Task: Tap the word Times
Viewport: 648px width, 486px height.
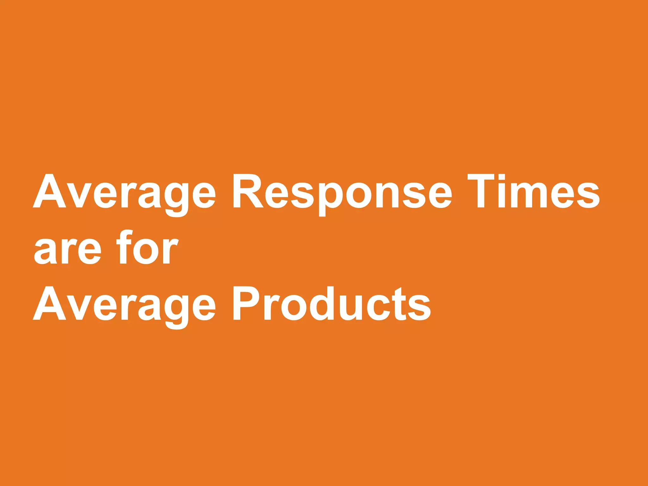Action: [533, 191]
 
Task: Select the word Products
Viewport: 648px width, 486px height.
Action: [332, 304]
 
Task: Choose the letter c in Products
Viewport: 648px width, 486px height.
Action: [379, 307]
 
